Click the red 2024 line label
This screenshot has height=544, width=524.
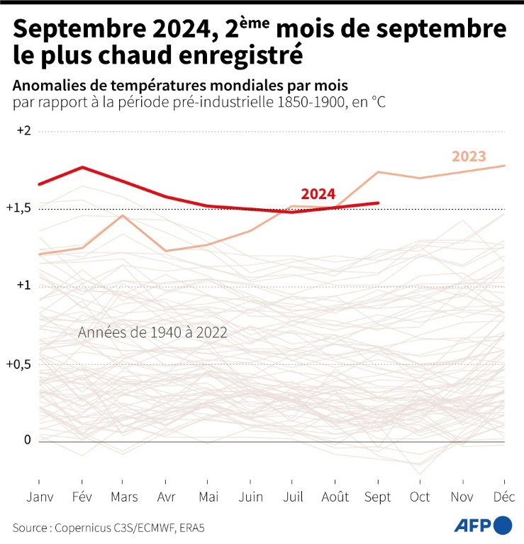point(318,194)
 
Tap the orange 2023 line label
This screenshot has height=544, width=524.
point(469,157)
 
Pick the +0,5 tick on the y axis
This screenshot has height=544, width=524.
point(21,363)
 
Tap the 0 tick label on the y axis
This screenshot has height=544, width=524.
point(28,440)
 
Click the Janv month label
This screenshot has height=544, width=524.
point(40,497)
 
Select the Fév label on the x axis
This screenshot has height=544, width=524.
point(82,497)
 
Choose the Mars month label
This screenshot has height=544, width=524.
point(124,497)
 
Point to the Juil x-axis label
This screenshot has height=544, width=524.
point(293,497)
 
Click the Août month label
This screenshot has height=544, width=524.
point(335,497)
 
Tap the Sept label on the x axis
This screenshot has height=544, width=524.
point(377,497)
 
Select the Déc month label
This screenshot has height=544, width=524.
point(504,497)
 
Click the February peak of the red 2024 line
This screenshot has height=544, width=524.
point(82,167)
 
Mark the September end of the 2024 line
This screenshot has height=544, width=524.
point(377,203)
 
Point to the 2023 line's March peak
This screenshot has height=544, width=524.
point(123,215)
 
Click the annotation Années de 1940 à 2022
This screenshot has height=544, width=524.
point(152,332)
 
